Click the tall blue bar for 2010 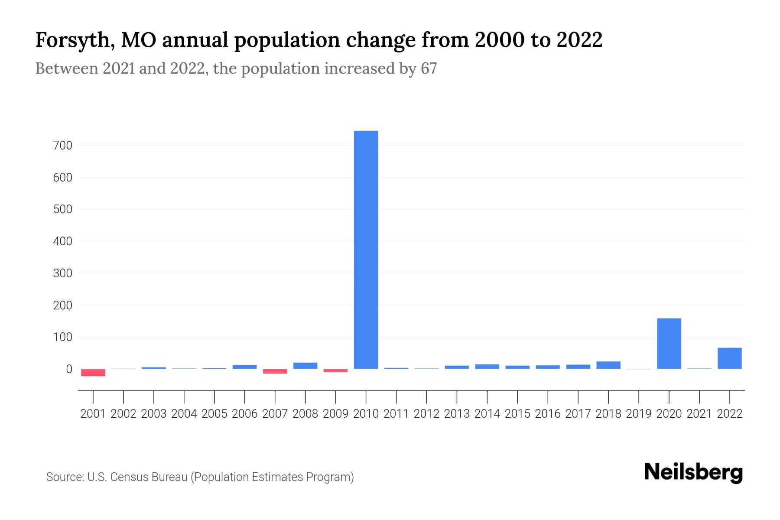click(x=366, y=250)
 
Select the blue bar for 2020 click(x=669, y=344)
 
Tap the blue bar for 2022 click(x=729, y=358)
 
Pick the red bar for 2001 click(x=93, y=373)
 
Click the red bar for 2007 click(x=275, y=371)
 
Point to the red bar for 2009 click(x=335, y=370)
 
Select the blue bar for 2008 click(x=305, y=366)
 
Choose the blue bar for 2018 click(x=608, y=365)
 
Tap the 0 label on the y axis click(x=68, y=369)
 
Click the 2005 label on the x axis click(x=214, y=414)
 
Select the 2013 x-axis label click(x=457, y=414)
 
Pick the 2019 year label click(x=638, y=414)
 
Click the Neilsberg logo click(x=693, y=473)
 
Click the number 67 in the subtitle click(x=428, y=68)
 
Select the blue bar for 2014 click(x=487, y=367)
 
